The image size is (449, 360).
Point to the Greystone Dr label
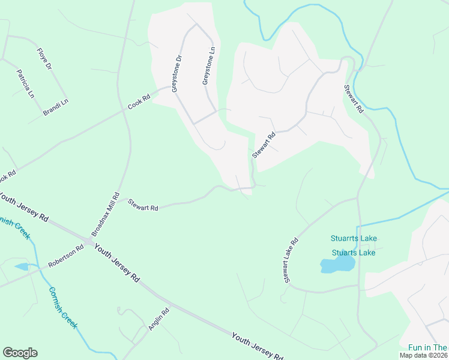(176, 74)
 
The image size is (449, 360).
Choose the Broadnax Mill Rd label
(105, 214)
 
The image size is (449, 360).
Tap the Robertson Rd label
(67, 256)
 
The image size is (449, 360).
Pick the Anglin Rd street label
(159, 319)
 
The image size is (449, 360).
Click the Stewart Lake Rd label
(291, 260)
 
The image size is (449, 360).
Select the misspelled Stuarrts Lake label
(354, 238)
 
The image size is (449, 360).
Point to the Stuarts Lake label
(354, 253)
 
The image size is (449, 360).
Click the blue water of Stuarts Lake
(336, 265)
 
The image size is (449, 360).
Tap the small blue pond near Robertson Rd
(21, 266)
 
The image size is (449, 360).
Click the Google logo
(20, 353)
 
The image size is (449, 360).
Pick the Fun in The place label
(427, 347)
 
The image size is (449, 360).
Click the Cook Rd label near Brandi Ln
(139, 102)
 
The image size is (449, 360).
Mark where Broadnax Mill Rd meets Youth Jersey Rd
(89, 241)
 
